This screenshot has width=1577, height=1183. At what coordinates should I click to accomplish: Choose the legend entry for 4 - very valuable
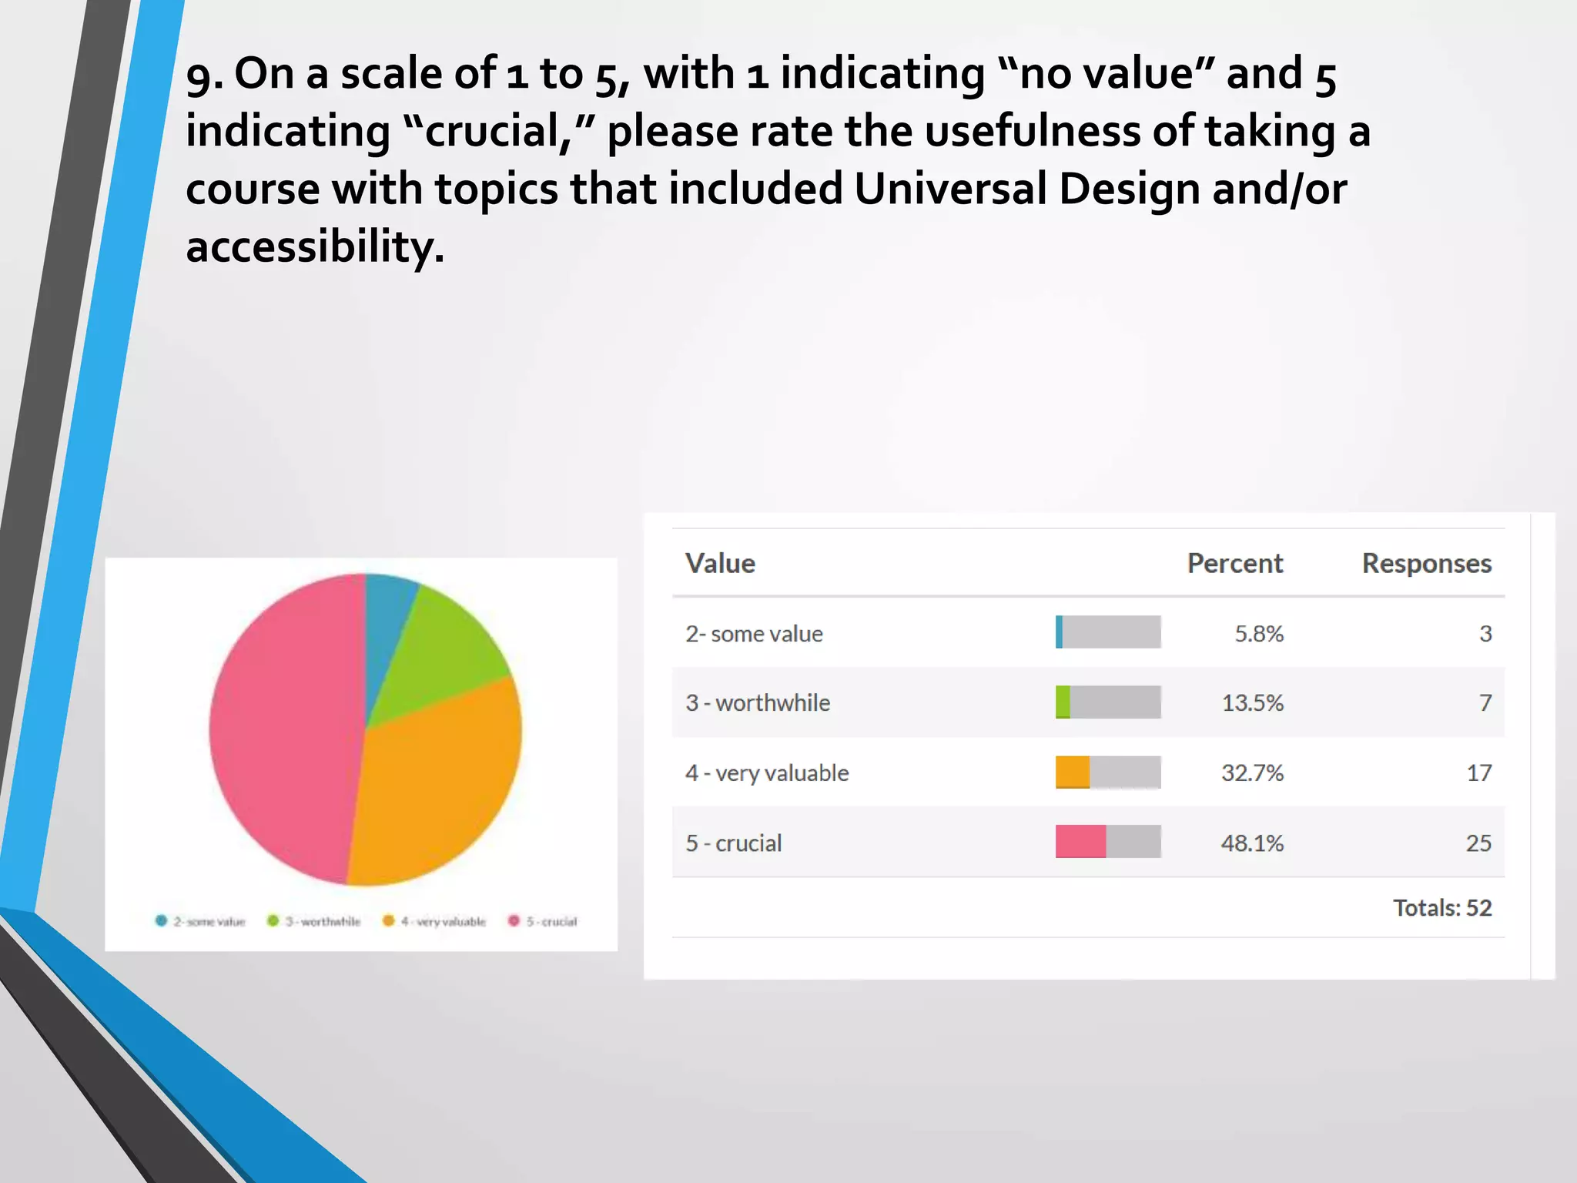click(435, 921)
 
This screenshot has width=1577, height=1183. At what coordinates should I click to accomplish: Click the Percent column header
click(1234, 563)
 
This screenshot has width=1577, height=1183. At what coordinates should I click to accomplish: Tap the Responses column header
click(1426, 563)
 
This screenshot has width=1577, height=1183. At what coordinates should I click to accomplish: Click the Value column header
click(720, 563)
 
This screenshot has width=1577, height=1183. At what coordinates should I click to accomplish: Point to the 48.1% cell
click(1252, 843)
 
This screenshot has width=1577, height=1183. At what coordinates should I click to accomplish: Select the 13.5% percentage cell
click(1252, 702)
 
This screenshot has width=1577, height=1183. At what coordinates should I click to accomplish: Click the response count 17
click(1478, 772)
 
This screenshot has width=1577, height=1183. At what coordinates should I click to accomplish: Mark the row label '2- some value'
click(754, 634)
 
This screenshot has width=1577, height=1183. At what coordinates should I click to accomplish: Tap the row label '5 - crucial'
click(733, 843)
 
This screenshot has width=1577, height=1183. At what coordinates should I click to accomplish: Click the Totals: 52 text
click(1441, 907)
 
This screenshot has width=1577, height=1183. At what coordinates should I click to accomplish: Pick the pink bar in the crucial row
click(1080, 841)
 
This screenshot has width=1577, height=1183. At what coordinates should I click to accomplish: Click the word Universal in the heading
click(950, 189)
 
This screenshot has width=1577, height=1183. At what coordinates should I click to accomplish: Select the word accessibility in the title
click(315, 246)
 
